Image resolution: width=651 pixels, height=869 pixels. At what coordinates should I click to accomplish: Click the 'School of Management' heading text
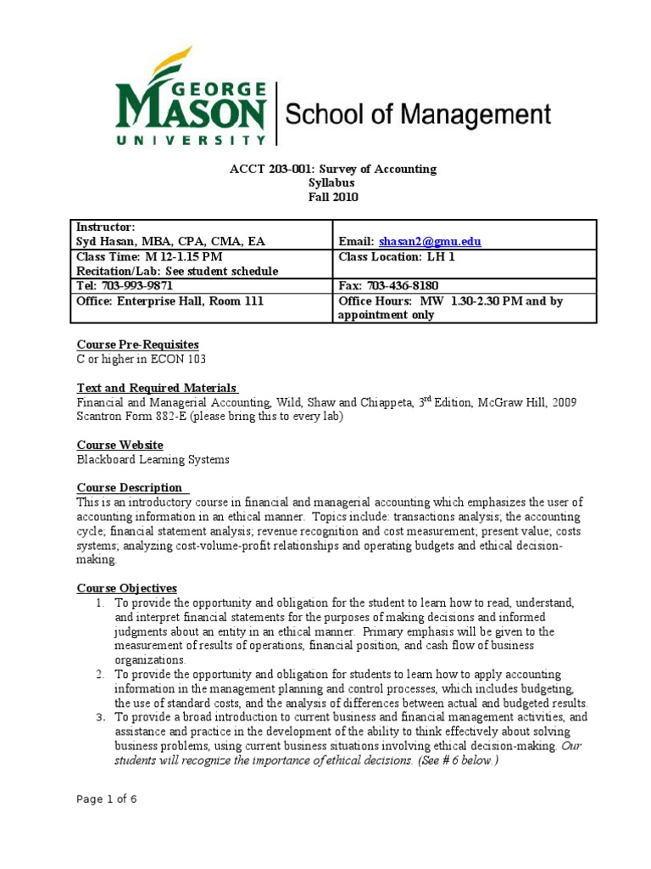coord(417,115)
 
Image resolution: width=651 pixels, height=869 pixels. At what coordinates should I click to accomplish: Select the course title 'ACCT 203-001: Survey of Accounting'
coord(333,169)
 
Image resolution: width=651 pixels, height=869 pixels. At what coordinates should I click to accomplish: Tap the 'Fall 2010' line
coord(333,197)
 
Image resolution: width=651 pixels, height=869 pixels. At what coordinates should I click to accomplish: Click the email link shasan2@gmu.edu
coord(430,242)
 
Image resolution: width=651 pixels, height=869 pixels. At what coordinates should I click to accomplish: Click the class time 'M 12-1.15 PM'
coord(185,256)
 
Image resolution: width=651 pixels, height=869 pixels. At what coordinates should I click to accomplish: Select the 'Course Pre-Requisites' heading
coord(137,345)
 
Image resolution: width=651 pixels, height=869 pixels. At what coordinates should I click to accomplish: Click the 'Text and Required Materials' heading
coord(156,388)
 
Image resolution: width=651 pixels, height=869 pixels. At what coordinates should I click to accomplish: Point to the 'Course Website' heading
coord(120,445)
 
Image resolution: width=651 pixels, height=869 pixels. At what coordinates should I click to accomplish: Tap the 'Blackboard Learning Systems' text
coord(153,460)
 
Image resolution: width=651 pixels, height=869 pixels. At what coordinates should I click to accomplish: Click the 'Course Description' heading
coord(130,487)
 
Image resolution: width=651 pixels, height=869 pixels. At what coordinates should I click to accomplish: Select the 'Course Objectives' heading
coord(127,587)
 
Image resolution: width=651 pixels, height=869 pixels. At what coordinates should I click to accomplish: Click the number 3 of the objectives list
coord(99,717)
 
